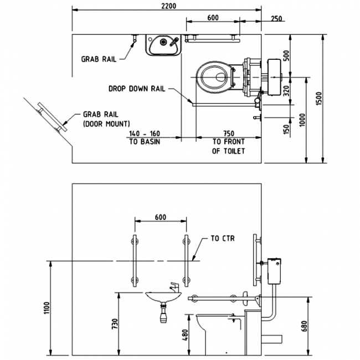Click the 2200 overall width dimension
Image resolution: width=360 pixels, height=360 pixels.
(x=167, y=6)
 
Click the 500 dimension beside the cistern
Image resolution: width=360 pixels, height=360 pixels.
(x=286, y=56)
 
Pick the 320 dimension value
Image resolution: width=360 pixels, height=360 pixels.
(x=286, y=90)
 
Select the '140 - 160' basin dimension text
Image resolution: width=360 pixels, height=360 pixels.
(x=143, y=133)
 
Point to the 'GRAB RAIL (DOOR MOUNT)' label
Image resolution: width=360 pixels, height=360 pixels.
(x=105, y=117)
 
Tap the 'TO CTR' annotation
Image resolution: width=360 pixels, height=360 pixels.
(x=223, y=239)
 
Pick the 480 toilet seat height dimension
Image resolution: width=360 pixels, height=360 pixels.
(x=186, y=335)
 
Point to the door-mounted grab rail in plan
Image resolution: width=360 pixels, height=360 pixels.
(x=51, y=117)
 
